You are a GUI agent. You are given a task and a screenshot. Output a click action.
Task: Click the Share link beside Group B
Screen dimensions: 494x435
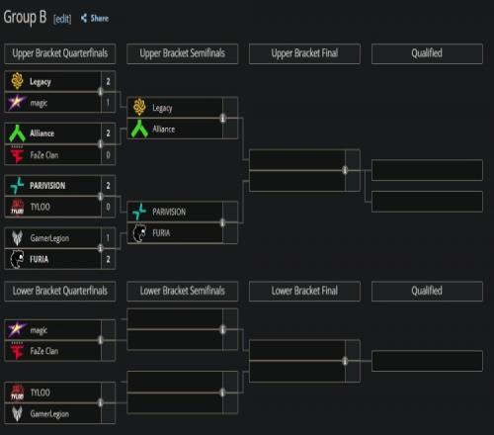[x=95, y=19]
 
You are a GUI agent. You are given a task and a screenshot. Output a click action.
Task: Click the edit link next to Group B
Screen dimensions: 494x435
[x=62, y=19]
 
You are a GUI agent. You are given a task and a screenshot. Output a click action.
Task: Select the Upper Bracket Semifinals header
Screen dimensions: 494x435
[x=182, y=53]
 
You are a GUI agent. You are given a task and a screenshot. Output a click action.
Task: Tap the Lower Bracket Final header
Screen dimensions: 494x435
[x=304, y=291]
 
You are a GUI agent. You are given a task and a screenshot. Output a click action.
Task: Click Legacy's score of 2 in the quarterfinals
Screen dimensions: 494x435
[x=108, y=81]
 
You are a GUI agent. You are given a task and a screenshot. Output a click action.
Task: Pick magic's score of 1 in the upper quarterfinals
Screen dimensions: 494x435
[x=108, y=103]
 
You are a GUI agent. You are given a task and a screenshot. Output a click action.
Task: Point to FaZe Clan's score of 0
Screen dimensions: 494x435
[x=108, y=155]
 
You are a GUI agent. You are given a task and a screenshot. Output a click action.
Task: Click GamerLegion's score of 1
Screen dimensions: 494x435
[x=108, y=237]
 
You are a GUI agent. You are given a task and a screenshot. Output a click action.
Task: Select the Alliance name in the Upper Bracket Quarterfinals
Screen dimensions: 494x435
[x=41, y=133]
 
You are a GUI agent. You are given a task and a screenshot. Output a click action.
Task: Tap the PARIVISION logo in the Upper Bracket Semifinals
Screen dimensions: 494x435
[x=139, y=212]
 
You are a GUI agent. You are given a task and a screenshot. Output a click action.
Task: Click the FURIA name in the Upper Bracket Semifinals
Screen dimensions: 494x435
[x=161, y=233]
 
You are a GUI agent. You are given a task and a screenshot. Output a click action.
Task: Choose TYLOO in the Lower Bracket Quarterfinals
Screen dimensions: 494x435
[x=40, y=392]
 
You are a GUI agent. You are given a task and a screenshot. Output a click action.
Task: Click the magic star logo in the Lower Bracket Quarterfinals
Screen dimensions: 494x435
[x=17, y=329]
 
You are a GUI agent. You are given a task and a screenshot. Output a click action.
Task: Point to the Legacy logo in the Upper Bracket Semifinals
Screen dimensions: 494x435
[x=139, y=107]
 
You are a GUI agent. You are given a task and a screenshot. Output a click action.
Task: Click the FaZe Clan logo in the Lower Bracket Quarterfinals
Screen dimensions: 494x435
[x=17, y=351]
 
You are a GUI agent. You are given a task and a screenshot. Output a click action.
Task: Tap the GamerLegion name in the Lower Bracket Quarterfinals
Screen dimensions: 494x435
[x=49, y=413]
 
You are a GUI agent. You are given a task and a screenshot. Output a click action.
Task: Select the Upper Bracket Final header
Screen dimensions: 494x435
[x=304, y=53]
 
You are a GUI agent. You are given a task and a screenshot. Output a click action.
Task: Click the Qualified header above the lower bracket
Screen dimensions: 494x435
[x=427, y=291]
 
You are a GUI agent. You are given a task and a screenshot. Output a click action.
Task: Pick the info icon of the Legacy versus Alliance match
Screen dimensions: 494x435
[x=222, y=118]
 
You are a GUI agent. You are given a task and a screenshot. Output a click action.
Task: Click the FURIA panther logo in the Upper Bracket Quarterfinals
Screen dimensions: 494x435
[x=17, y=259]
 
